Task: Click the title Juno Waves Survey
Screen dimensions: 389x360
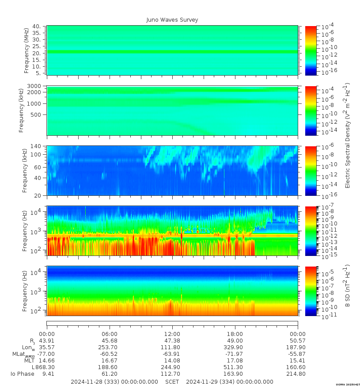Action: pyautogui.click(x=172, y=20)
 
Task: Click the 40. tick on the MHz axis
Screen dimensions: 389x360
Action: pyautogui.click(x=37, y=27)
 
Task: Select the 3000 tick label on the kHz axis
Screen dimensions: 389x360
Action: pyautogui.click(x=34, y=86)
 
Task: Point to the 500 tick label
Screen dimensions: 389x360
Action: pyautogui.click(x=35, y=114)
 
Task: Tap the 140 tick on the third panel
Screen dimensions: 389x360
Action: pyautogui.click(x=35, y=146)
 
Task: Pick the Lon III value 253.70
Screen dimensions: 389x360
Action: pyautogui.click(x=110, y=347)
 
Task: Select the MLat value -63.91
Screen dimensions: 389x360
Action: pyautogui.click(x=172, y=354)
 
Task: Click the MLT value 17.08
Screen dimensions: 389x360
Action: pyautogui.click(x=235, y=361)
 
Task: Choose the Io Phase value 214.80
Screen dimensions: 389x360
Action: pyautogui.click(x=298, y=374)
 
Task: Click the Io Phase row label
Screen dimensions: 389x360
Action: pyautogui.click(x=23, y=374)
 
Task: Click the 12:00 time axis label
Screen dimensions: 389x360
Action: pyautogui.click(x=172, y=334)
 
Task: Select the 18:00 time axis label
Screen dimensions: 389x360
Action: pyautogui.click(x=235, y=334)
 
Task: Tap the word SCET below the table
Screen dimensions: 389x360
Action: pyautogui.click(x=172, y=381)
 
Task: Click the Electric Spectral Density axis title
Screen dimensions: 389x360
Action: pyautogui.click(x=347, y=135)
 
